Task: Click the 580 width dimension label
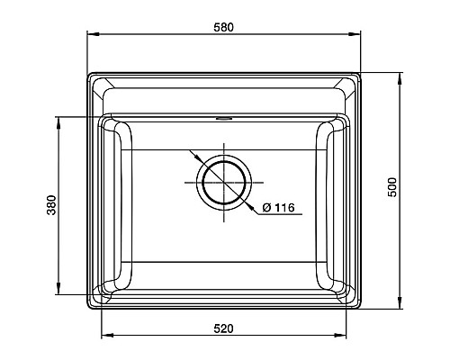pyautogui.click(x=223, y=27)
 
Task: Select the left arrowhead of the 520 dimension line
pyautogui.click(x=104, y=337)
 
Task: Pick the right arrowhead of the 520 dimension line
pyautogui.click(x=343, y=337)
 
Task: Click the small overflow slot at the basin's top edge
pyautogui.click(x=223, y=117)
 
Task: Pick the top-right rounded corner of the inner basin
pyautogui.click(x=341, y=121)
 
